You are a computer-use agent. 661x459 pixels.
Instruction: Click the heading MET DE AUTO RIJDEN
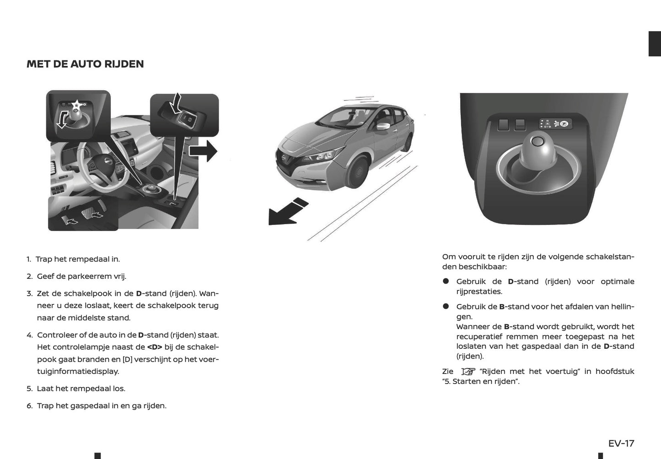point(85,64)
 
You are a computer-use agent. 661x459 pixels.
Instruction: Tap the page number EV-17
point(621,443)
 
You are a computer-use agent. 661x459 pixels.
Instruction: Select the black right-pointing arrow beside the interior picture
point(204,151)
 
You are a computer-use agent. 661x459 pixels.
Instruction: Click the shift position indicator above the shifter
point(554,123)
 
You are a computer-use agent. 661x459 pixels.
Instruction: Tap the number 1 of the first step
point(28,259)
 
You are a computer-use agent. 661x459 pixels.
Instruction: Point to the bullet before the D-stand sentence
point(446,282)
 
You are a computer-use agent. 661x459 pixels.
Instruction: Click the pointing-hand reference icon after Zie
point(468,371)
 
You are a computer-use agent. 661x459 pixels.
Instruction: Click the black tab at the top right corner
point(655,44)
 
